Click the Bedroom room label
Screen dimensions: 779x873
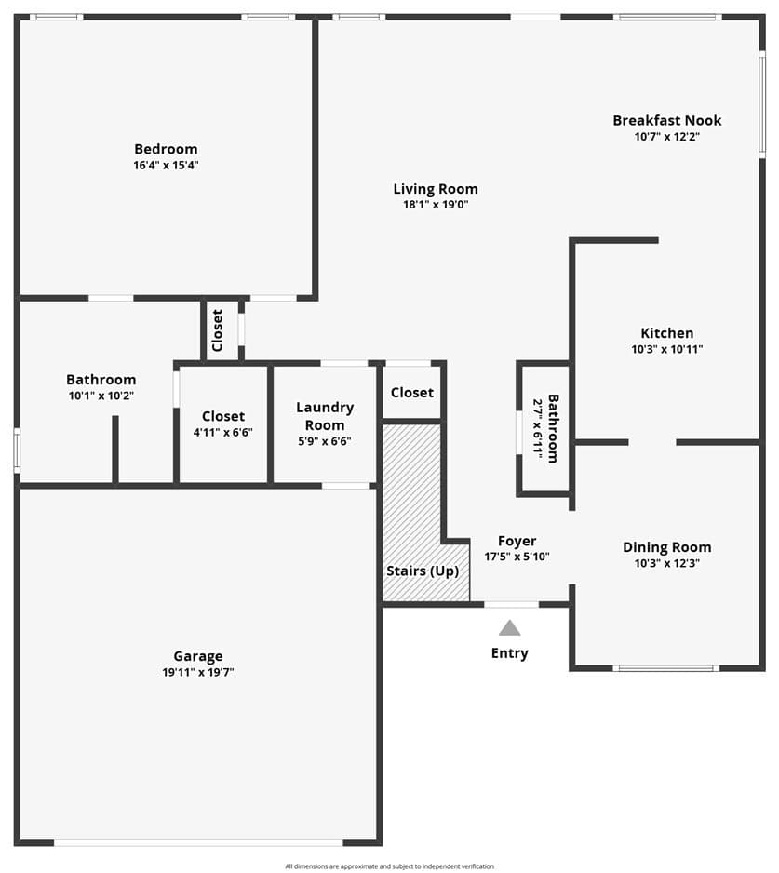pos(166,149)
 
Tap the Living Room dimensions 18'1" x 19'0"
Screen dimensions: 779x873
pos(436,205)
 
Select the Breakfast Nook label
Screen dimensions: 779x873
pos(667,120)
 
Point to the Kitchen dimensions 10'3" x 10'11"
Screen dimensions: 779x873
pos(667,349)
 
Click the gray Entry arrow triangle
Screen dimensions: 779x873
pos(509,628)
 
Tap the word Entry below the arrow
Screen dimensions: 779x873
pos(509,653)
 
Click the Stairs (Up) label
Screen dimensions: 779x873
pos(423,571)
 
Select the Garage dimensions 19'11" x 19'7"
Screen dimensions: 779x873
pos(198,672)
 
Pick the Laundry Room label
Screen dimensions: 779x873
pos(325,416)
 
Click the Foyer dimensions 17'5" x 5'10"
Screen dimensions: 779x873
pos(517,557)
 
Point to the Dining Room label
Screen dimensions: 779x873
pos(667,547)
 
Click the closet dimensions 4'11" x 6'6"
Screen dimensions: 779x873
pos(222,432)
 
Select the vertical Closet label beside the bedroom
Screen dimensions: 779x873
pos(218,330)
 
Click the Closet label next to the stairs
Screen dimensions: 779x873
pos(412,393)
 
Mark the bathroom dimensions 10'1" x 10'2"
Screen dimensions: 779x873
pos(101,396)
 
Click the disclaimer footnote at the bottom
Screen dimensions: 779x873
pos(389,866)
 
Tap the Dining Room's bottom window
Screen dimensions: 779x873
pos(666,667)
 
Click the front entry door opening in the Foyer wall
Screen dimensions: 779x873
pos(511,604)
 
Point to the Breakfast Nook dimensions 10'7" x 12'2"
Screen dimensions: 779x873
pos(667,137)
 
